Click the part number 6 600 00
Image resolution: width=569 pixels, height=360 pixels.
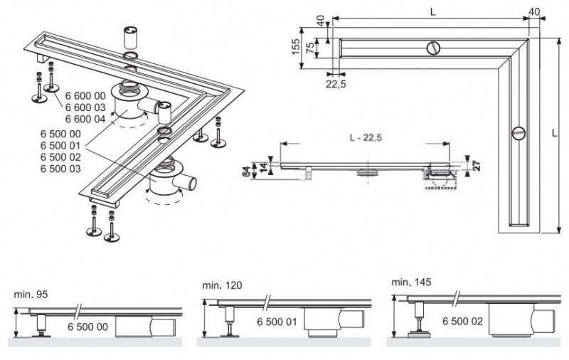click(x=85, y=95)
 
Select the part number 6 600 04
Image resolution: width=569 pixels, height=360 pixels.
click(x=85, y=118)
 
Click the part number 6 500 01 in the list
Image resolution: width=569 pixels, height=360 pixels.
click(x=60, y=145)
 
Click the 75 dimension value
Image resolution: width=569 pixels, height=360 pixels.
click(x=311, y=48)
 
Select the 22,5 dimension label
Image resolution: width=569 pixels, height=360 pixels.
click(x=336, y=83)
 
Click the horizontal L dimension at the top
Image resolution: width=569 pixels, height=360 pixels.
click(x=433, y=12)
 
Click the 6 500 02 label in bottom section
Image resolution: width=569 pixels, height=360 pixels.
click(x=463, y=322)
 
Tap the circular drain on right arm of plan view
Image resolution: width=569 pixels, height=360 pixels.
click(x=518, y=132)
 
